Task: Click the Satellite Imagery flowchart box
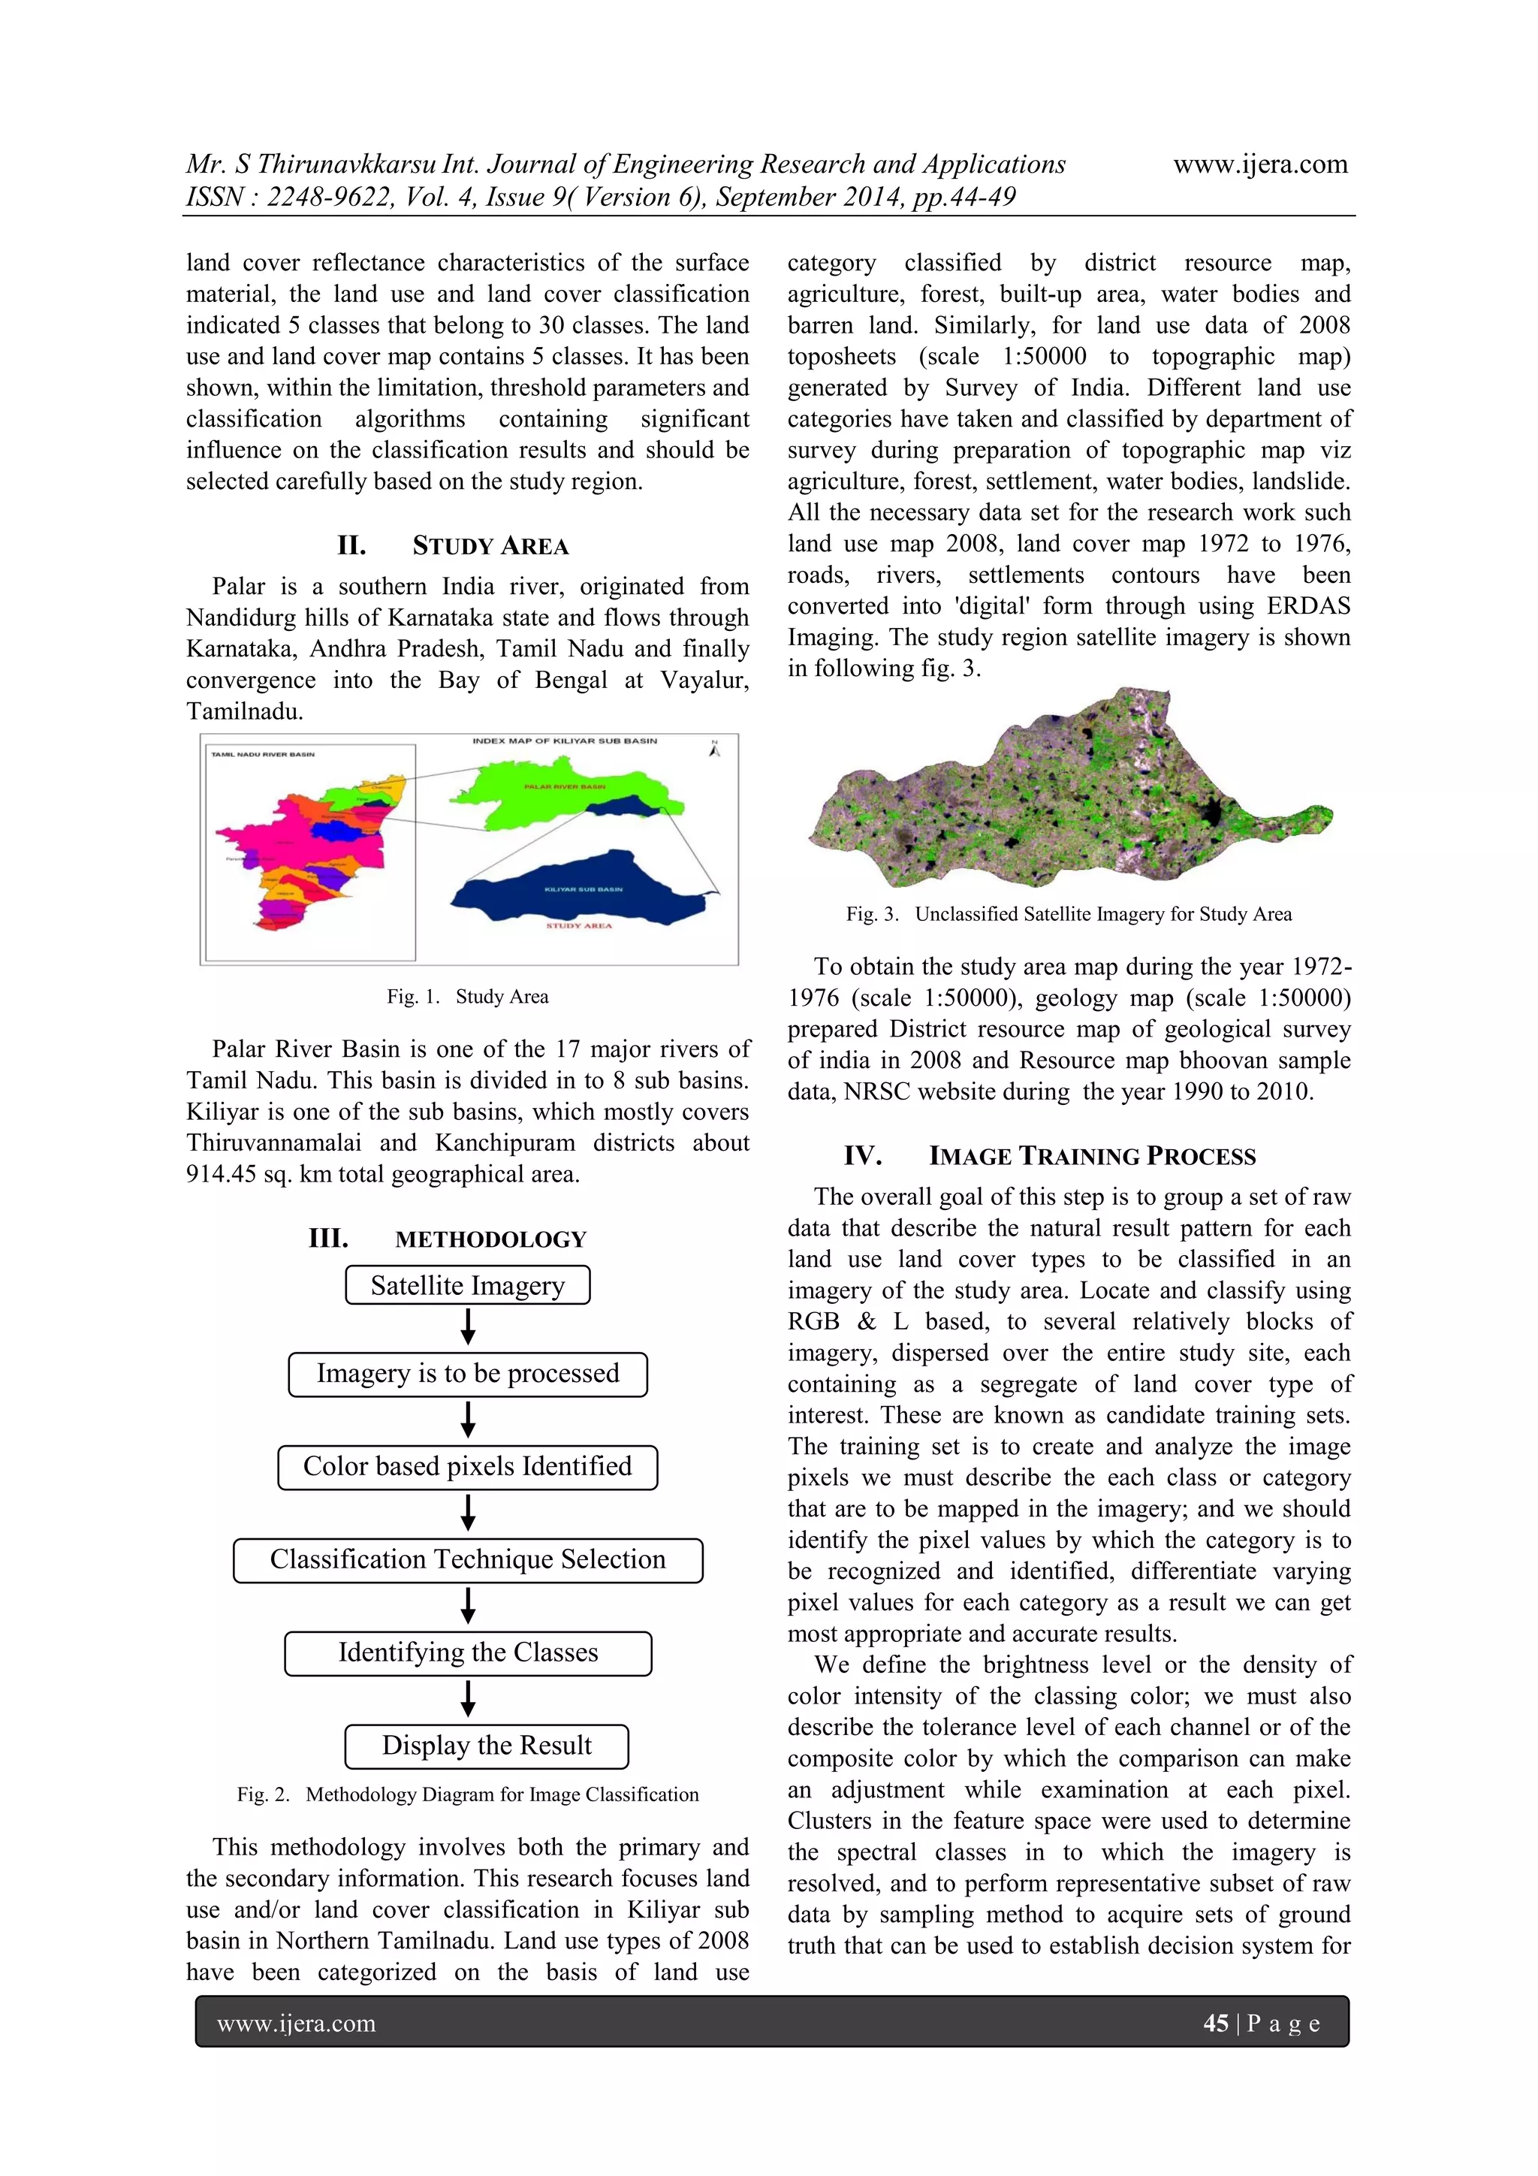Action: point(467,1285)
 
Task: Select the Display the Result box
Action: point(486,1746)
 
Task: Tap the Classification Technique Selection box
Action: point(467,1560)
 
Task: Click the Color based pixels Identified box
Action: point(467,1467)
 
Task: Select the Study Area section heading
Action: point(454,546)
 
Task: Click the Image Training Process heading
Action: point(1050,1156)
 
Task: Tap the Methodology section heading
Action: point(448,1239)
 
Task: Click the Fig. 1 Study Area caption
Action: point(467,996)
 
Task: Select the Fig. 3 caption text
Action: point(1068,913)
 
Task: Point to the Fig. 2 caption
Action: point(467,1794)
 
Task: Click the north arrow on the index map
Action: point(714,749)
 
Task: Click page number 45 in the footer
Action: point(1215,2024)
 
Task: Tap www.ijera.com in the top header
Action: point(1259,164)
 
